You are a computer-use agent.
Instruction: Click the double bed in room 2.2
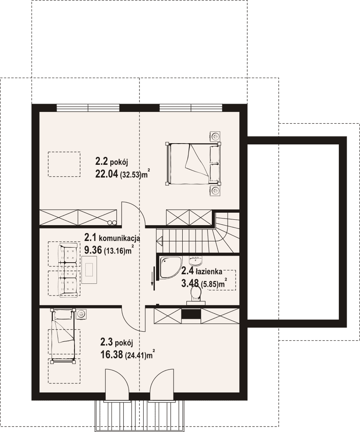tap(193, 163)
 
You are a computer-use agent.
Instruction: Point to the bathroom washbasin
tap(196, 261)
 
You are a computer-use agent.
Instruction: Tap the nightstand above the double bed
tap(215, 137)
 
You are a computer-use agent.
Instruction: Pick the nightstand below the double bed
tap(215, 190)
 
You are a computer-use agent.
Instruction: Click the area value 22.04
tap(107, 174)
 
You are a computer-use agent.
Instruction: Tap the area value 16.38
tap(112, 355)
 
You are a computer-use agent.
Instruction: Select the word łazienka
tap(209, 272)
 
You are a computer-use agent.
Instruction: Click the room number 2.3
tap(107, 342)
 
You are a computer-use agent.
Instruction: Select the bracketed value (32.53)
tap(130, 175)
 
